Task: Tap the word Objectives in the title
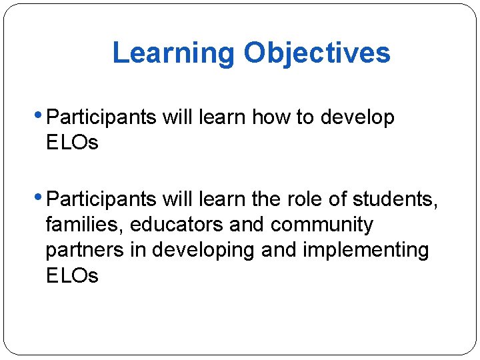pyautogui.click(x=317, y=53)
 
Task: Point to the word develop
pyautogui.click(x=357, y=118)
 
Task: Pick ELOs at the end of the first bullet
pyautogui.click(x=72, y=143)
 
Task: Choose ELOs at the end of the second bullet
pyautogui.click(x=72, y=275)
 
